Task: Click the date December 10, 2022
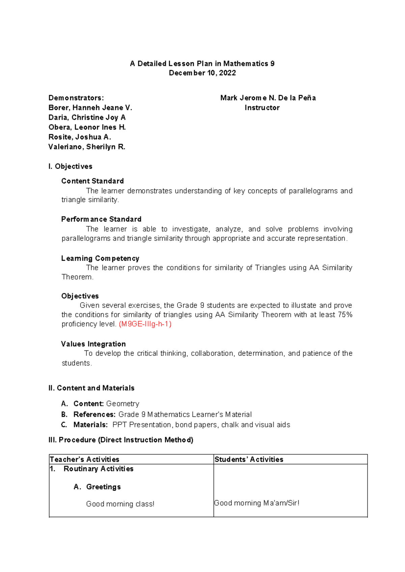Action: (202, 73)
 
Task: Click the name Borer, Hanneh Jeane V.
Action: (90, 108)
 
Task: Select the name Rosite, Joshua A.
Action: (80, 137)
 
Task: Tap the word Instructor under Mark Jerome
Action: (262, 108)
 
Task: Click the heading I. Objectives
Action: (70, 167)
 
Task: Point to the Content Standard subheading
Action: (92, 181)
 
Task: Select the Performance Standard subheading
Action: (101, 219)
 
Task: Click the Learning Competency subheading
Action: (100, 258)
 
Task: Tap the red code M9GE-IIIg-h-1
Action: (145, 324)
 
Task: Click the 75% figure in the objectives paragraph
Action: (345, 315)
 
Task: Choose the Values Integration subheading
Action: (93, 344)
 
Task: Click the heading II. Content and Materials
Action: (91, 388)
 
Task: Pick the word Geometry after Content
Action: (123, 404)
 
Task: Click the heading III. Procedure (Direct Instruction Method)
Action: (121, 440)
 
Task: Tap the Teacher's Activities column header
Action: (84, 459)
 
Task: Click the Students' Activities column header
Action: (249, 459)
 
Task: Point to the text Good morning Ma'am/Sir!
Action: (256, 503)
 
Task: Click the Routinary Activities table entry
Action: (98, 469)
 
